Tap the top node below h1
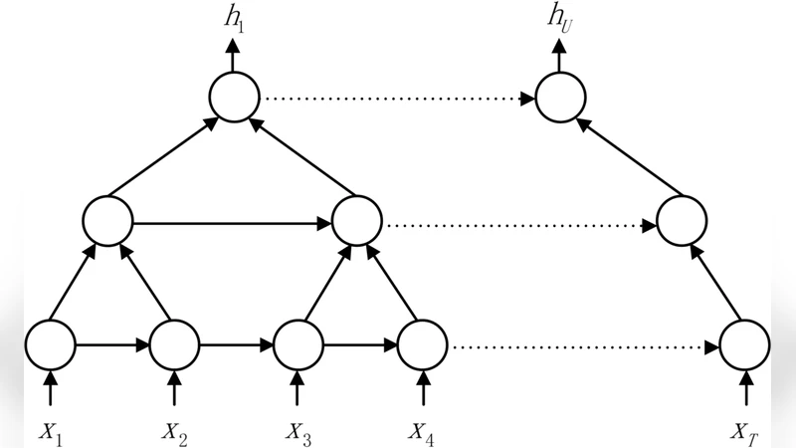point(235,99)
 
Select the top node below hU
point(559,99)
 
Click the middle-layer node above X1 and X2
point(108,222)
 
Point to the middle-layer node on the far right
point(682,222)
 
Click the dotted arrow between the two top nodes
point(396,99)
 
